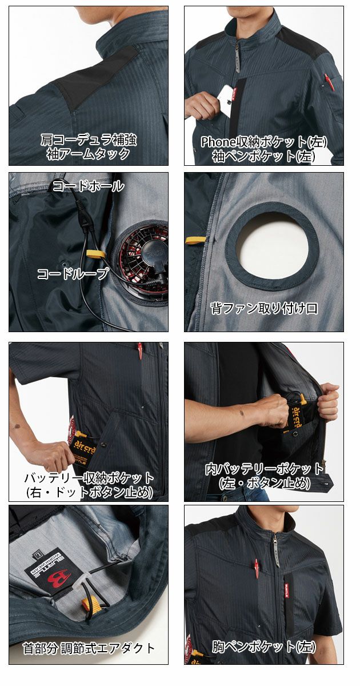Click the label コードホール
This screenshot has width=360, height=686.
pos(88,186)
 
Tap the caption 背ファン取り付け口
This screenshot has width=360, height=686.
pos(264,309)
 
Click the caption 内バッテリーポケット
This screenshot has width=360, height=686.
pos(264,469)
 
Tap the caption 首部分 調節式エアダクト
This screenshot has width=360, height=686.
pos(89,648)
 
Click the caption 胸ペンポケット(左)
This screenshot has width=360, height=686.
pos(264,647)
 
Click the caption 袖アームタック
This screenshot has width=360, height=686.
pos(89,154)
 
